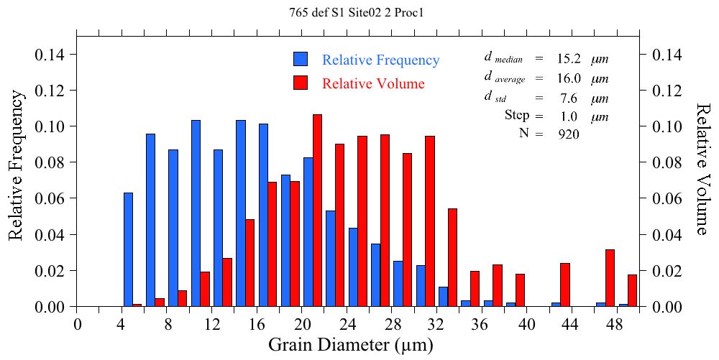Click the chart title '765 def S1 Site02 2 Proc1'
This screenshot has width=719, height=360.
360,12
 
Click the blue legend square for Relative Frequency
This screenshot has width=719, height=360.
301,60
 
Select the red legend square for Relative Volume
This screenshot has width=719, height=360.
301,83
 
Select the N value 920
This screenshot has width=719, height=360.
568,133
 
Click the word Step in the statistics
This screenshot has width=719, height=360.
517,115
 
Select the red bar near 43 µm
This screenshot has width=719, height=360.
565,285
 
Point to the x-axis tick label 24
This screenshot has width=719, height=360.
347,324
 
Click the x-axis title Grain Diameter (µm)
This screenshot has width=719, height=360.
351,345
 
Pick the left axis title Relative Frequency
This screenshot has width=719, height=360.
15,171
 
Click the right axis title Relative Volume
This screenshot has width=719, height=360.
703,169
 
